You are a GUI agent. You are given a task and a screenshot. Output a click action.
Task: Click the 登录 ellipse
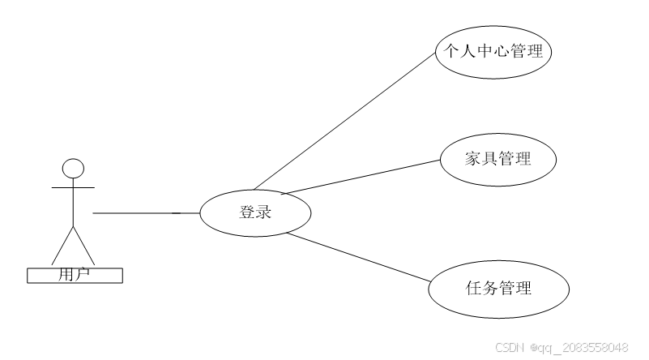click(x=255, y=213)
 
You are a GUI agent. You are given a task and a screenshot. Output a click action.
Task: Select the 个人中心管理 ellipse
click(x=494, y=53)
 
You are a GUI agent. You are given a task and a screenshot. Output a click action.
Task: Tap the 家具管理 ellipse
click(x=498, y=159)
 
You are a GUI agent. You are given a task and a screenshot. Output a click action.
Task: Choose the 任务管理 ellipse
click(x=498, y=288)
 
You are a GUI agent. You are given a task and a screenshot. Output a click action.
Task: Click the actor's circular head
click(x=74, y=168)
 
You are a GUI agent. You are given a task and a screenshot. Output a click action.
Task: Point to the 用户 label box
click(x=75, y=275)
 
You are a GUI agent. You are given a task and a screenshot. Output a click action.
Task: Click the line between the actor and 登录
click(x=146, y=213)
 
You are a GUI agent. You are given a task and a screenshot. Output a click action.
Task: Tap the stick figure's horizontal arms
click(x=74, y=186)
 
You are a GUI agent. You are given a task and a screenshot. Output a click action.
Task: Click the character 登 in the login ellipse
click(x=246, y=213)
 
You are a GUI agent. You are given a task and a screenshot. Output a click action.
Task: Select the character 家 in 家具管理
click(x=473, y=159)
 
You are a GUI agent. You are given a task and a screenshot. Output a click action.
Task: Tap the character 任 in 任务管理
click(x=474, y=288)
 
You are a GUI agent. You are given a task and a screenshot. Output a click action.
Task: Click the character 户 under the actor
click(x=82, y=275)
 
